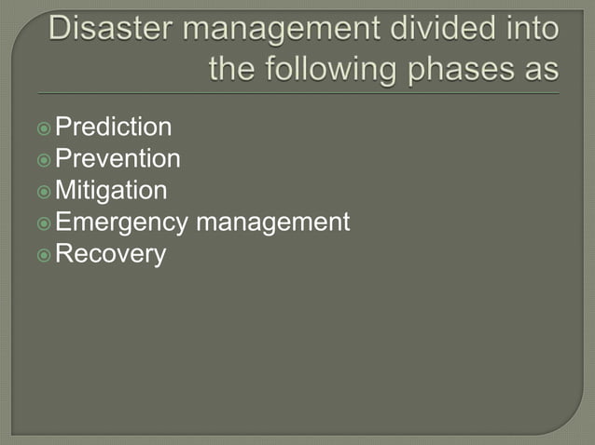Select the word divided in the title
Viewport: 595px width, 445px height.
tap(421, 30)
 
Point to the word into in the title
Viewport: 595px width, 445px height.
tap(527, 30)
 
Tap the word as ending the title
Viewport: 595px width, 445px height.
tap(543, 69)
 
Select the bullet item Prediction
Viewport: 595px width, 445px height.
tap(114, 128)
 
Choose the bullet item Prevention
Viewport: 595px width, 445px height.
tap(118, 159)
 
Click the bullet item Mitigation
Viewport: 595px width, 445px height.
tap(112, 191)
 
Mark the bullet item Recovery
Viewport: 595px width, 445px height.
tap(111, 254)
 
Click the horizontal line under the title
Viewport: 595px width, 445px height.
tap(298, 93)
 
